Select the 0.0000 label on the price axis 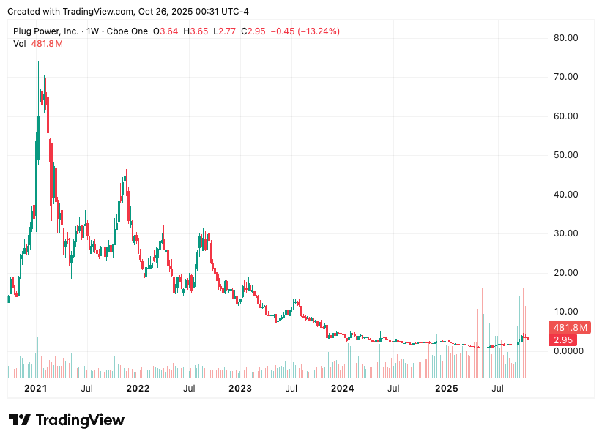(568, 351)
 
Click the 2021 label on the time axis (36, 388)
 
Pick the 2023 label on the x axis (240, 388)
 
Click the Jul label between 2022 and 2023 (189, 388)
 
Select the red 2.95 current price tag (563, 340)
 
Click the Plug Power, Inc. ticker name (47, 31)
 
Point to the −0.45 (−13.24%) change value (305, 31)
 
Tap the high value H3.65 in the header (196, 31)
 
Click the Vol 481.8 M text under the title (38, 44)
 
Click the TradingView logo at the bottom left (67, 420)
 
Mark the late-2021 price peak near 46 (127, 172)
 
